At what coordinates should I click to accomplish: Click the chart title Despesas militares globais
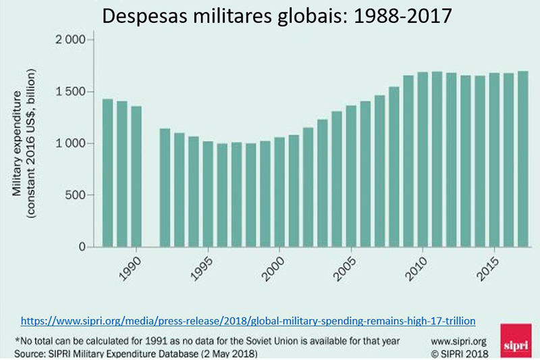[x=269, y=15]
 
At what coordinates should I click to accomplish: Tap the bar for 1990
[x=136, y=176]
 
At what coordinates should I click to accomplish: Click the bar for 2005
[x=351, y=176]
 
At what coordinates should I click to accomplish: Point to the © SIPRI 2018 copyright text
[x=463, y=353]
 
